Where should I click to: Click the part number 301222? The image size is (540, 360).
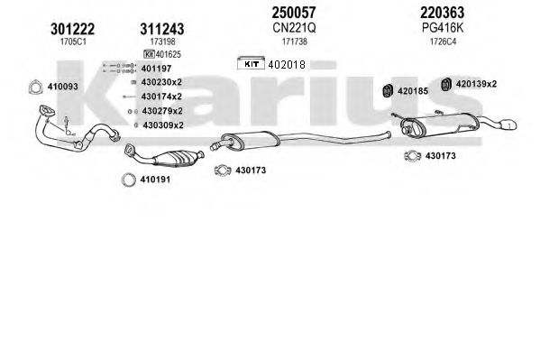pos(73,29)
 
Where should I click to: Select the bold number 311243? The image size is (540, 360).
pos(162,29)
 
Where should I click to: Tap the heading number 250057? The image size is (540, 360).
pos(294,13)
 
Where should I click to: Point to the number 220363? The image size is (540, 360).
pos(443,13)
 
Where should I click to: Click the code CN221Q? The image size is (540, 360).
pos(294,28)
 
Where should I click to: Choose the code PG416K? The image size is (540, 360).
pos(443,28)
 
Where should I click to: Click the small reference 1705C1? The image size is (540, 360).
pos(73,42)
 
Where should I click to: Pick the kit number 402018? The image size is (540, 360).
pos(287,64)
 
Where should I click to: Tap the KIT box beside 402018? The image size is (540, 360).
pos(251,63)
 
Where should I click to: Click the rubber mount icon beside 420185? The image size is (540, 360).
pos(389,90)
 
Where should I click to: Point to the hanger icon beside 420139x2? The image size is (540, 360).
pos(446,85)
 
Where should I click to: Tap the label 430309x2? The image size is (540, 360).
pos(163,125)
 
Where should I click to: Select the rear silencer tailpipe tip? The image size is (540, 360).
pos(508,125)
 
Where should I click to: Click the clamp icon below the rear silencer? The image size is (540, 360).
pos(413,156)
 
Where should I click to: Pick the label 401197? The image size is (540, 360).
pos(156,69)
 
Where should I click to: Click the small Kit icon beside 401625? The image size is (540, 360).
pos(149,54)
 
